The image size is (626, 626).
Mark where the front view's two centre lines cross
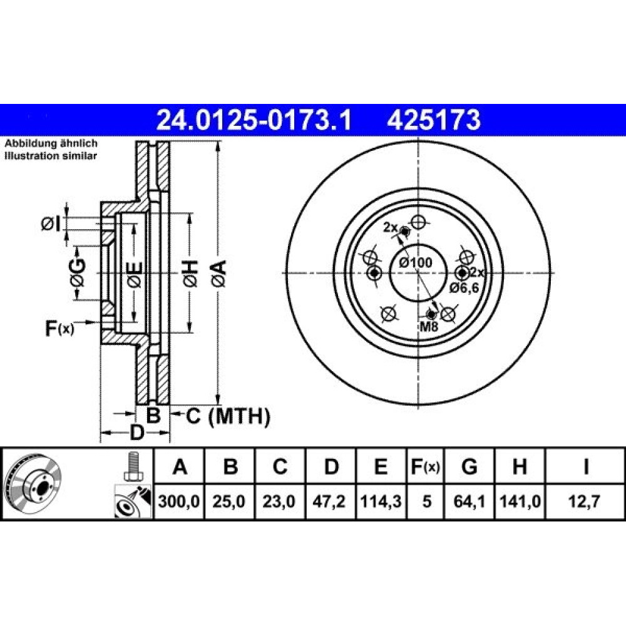[x=418, y=273]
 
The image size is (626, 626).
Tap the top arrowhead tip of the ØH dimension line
[x=190, y=213]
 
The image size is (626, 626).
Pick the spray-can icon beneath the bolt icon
[x=133, y=501]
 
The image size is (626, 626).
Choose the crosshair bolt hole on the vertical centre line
[x=418, y=222]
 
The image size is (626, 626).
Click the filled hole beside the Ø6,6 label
[x=463, y=273]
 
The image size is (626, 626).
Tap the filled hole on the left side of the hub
[x=374, y=273]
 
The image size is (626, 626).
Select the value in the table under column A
[x=178, y=501]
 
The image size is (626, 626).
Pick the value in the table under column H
[x=520, y=501]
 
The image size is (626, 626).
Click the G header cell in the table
[x=469, y=466]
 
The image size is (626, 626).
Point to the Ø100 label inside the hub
[x=416, y=263]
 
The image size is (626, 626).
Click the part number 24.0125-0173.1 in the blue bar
[x=254, y=121]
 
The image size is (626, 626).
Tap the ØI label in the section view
[x=51, y=224]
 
